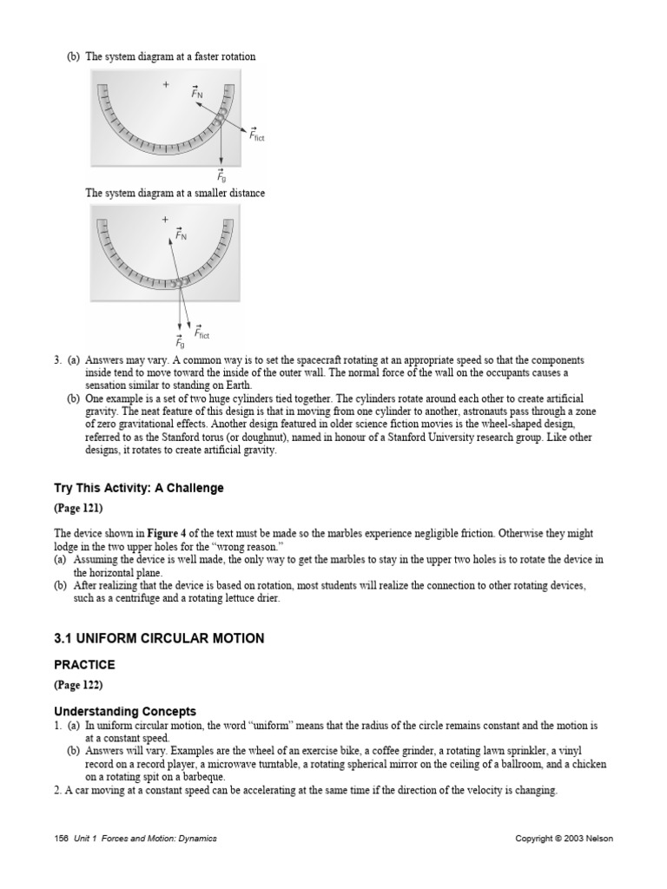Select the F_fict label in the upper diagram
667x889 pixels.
[x=256, y=135]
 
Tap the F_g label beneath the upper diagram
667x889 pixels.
[x=221, y=176]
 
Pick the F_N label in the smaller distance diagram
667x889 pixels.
[x=181, y=234]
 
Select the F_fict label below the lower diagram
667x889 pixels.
[x=201, y=333]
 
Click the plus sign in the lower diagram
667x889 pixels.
[x=164, y=220]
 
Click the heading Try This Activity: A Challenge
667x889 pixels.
[x=139, y=489]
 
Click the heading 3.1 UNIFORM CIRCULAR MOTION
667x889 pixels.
[x=159, y=639]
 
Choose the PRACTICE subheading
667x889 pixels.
[x=84, y=664]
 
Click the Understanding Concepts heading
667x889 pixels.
[x=125, y=712]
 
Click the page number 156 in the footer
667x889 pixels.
[x=60, y=839]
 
